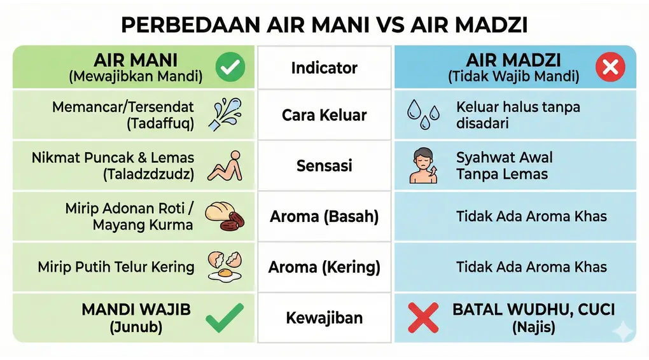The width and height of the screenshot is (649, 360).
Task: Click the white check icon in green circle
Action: (x=230, y=67)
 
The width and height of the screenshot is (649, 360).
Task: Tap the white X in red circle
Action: (x=610, y=67)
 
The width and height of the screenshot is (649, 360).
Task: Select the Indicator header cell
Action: (x=324, y=67)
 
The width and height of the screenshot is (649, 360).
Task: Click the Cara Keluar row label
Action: (x=324, y=115)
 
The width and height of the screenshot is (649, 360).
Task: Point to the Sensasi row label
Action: (x=324, y=166)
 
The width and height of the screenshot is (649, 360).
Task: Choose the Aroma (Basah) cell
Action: (x=324, y=216)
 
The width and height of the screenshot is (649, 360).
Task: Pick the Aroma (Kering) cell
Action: (x=324, y=267)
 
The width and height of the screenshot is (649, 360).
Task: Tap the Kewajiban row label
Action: (x=324, y=318)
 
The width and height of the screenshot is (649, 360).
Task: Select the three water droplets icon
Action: (x=423, y=114)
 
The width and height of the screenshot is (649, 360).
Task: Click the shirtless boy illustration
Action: (x=423, y=166)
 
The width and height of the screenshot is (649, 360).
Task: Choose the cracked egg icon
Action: (x=225, y=267)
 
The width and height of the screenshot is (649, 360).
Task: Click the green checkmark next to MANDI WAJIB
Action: (x=224, y=317)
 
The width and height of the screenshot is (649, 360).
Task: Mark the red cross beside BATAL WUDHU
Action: (x=424, y=318)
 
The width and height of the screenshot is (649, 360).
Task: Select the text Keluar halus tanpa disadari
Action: (x=518, y=114)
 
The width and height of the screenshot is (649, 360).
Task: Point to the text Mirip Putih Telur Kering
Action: (x=116, y=267)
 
